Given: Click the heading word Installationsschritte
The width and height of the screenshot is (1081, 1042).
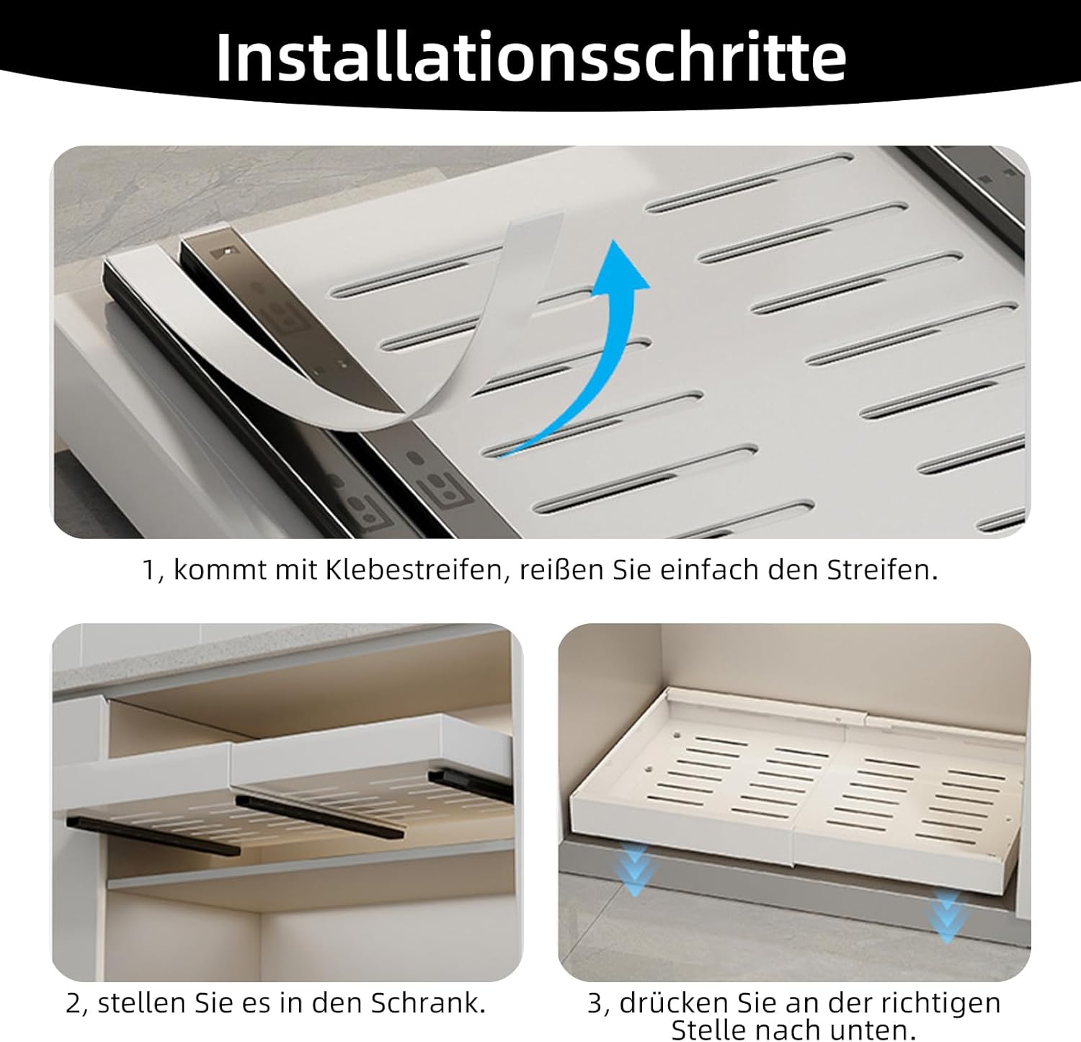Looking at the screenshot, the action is click(531, 57).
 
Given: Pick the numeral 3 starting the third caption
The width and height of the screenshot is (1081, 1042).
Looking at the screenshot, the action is click(595, 1004).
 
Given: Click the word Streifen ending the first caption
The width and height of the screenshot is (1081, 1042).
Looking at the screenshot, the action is click(882, 570).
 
